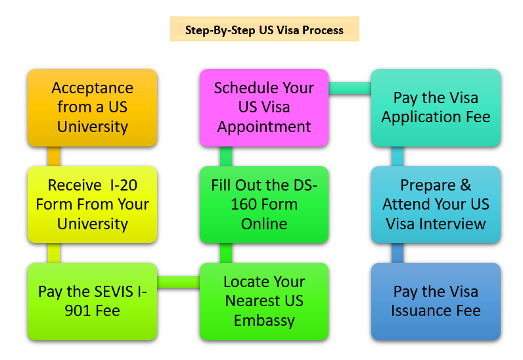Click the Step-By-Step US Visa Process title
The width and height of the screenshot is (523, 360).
coord(265,30)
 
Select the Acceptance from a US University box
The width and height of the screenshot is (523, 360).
coord(93,107)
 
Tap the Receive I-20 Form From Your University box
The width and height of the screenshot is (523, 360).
coord(93,204)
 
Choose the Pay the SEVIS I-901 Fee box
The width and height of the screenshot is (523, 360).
coord(93,301)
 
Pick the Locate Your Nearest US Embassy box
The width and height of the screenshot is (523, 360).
coord(264,301)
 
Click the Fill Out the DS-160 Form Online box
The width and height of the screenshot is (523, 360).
coord(264,204)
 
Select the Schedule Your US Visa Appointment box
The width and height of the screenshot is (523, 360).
coord(264,107)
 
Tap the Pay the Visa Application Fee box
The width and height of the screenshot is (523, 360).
coord(436,107)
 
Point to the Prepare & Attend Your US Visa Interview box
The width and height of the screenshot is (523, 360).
coord(436,204)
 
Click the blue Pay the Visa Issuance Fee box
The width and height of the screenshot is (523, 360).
coord(436,301)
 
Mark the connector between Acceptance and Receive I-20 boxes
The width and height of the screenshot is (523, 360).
coord(54,156)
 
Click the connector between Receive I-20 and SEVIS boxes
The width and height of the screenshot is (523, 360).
coord(54,253)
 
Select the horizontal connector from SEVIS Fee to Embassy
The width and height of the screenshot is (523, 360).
coord(179,282)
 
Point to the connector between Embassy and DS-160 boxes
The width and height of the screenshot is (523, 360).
coord(226,253)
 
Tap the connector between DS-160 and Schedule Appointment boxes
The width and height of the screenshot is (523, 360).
coord(226,156)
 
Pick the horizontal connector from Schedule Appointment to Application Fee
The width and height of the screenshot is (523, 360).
coord(350,88)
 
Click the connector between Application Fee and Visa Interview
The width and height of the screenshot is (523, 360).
coord(397,156)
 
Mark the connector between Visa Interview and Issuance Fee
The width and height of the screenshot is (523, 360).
coord(397,253)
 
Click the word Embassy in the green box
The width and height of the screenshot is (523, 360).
coord(263,321)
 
